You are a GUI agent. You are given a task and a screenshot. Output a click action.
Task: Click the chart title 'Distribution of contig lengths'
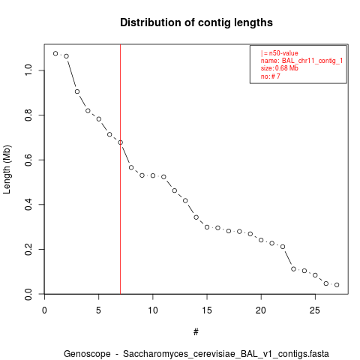(196, 22)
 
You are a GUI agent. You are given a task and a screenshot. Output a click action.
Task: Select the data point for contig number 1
(55, 53)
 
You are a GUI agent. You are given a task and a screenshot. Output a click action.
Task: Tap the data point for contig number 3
(77, 91)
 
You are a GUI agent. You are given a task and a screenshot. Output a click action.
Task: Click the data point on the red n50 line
(121, 142)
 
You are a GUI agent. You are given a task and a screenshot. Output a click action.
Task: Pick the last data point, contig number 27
(337, 285)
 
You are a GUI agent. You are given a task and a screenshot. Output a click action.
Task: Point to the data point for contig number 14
(196, 217)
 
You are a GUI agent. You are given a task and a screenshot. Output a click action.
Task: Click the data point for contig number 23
(293, 269)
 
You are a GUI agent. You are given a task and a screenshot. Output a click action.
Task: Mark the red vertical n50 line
(121, 169)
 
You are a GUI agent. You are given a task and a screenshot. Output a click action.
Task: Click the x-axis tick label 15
(207, 310)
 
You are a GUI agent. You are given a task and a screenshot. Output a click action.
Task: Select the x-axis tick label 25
(315, 310)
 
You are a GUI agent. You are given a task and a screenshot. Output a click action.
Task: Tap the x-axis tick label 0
(44, 310)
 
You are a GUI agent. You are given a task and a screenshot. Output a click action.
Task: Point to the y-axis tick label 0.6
(28, 160)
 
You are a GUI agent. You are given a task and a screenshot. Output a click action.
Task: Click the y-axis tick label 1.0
(28, 70)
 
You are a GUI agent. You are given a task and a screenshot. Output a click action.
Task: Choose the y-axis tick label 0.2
(28, 249)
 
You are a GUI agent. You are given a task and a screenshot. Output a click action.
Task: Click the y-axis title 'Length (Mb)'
(7, 169)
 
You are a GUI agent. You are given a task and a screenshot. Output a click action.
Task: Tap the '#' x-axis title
(196, 332)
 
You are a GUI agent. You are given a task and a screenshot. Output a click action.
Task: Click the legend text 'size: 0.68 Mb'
(280, 68)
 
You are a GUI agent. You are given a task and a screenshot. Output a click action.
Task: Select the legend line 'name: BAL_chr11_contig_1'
(301, 61)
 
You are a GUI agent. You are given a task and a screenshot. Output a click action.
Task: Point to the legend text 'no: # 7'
(271, 76)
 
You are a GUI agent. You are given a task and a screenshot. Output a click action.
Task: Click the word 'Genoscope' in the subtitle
(87, 354)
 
